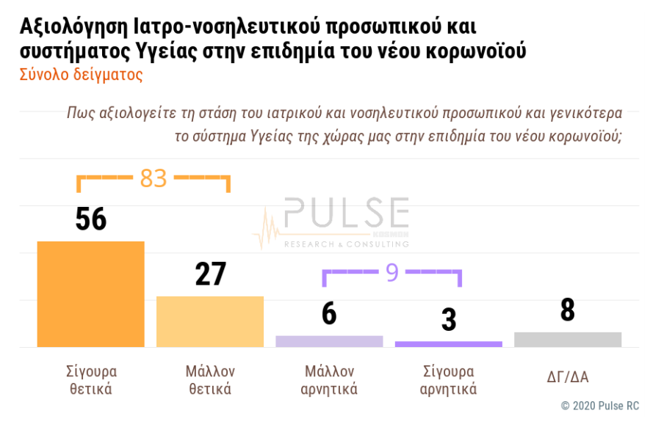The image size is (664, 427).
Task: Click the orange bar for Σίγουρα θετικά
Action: click(90, 293)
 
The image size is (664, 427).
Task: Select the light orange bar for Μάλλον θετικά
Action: click(210, 321)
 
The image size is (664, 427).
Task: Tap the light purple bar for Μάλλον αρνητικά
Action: click(329, 341)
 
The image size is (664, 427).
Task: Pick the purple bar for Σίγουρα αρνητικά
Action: click(448, 344)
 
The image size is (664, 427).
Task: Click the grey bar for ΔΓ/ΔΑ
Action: click(568, 340)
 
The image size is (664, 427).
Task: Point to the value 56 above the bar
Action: click(91, 219)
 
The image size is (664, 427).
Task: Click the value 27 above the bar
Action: click(210, 274)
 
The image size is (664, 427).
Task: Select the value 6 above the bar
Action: click(329, 313)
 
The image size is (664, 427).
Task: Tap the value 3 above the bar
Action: click(449, 319)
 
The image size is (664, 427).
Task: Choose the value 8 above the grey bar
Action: click(568, 310)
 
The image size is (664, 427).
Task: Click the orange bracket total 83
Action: click(154, 178)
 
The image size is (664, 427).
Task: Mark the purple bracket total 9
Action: click(392, 273)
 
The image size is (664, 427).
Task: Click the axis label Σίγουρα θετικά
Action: click(91, 380)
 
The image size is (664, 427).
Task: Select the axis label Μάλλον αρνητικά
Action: click(329, 380)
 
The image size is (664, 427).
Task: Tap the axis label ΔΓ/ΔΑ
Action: click(568, 378)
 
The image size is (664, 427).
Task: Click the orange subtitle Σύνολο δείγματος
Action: click(81, 75)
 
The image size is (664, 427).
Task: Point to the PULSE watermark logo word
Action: click(346, 213)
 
